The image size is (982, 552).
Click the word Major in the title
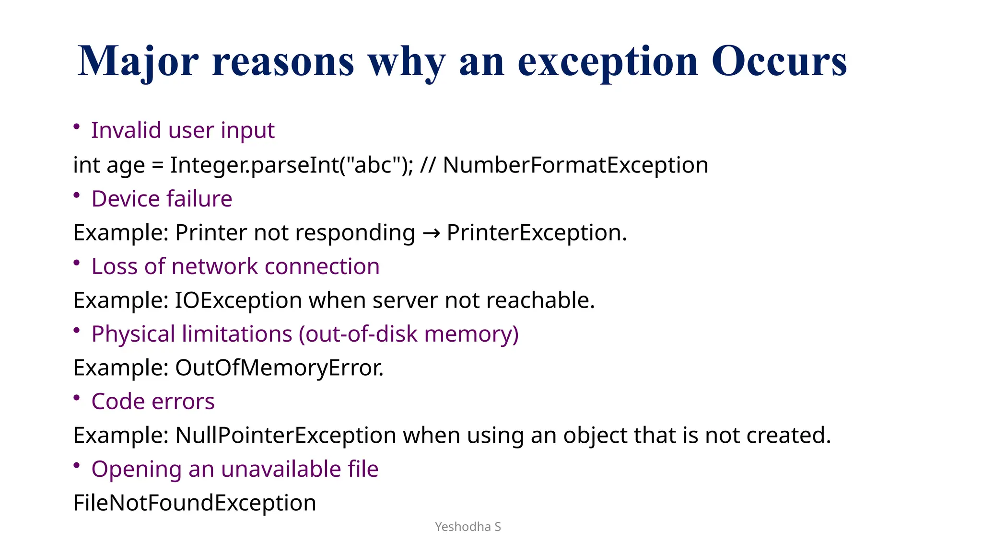pyautogui.click(x=138, y=61)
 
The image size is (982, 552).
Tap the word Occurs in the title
pyautogui.click(x=779, y=61)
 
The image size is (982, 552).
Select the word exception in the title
pyautogui.click(x=608, y=61)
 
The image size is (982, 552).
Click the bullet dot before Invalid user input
pyautogui.click(x=77, y=126)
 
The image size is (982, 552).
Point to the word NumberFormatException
pyautogui.click(x=575, y=165)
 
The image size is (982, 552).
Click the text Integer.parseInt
pyautogui.click(x=254, y=165)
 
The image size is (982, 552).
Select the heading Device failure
pyautogui.click(x=162, y=198)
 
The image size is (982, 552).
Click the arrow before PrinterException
pyautogui.click(x=431, y=233)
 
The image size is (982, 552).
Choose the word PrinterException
pyautogui.click(x=536, y=232)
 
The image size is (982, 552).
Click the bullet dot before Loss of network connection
pyautogui.click(x=77, y=263)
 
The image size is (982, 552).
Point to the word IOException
pyautogui.click(x=238, y=300)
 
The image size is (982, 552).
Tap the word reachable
pyautogui.click(x=540, y=300)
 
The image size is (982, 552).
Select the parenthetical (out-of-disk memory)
pyautogui.click(x=409, y=334)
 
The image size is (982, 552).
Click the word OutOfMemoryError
pyautogui.click(x=279, y=368)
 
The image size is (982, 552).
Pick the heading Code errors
pyautogui.click(x=153, y=402)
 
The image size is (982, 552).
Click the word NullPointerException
pyautogui.click(x=286, y=436)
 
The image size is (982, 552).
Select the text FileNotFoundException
pyautogui.click(x=195, y=503)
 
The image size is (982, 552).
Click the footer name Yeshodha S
pyautogui.click(x=468, y=527)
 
